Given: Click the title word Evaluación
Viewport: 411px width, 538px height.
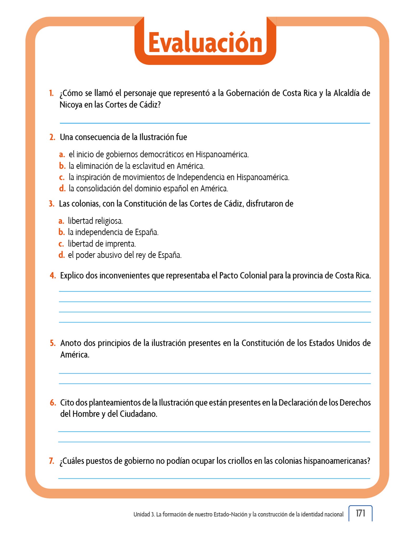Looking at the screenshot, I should pyautogui.click(x=205, y=43).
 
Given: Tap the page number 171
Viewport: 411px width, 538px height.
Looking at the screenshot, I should pyautogui.click(x=360, y=513).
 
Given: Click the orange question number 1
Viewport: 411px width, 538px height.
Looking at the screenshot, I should pyautogui.click(x=51, y=93).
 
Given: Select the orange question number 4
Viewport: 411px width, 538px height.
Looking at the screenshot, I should pyautogui.click(x=53, y=276).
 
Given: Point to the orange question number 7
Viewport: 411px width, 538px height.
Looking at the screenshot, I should pyautogui.click(x=52, y=461).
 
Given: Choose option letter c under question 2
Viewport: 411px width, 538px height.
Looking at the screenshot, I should pyautogui.click(x=62, y=178).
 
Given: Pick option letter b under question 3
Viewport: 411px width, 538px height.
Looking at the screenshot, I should pyautogui.click(x=61, y=232).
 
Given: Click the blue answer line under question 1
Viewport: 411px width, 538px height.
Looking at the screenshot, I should pyautogui.click(x=215, y=123).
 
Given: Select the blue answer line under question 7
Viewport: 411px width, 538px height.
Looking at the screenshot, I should pyautogui.click(x=214, y=478).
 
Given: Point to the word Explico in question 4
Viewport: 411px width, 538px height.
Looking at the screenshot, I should pyautogui.click(x=72, y=276).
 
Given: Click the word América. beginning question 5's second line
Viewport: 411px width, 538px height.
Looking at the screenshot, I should pyautogui.click(x=75, y=355).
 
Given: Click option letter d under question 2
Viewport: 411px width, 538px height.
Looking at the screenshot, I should pyautogui.click(x=62, y=189).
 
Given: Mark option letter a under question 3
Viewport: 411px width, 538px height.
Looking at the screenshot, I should pyautogui.click(x=61, y=221).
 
